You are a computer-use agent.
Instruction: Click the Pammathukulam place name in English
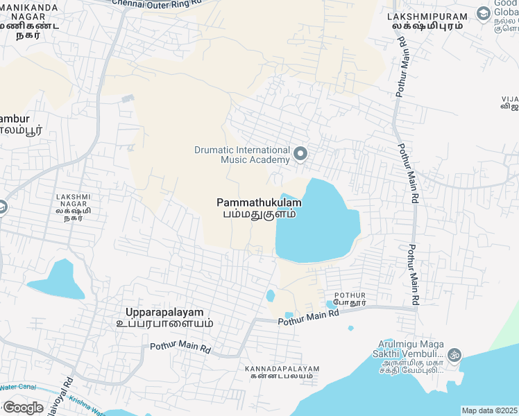[x=259, y=202]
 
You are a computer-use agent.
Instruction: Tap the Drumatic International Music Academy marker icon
[x=300, y=154]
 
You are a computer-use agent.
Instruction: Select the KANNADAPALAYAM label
[x=282, y=370]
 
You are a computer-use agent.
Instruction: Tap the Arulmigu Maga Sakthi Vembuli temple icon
[x=455, y=354]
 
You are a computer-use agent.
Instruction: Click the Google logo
[x=23, y=408]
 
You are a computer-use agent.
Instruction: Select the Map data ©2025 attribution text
[x=489, y=410]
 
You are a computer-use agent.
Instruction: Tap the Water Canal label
[x=17, y=386]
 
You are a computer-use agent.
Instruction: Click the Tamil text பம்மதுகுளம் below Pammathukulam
[x=259, y=214]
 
